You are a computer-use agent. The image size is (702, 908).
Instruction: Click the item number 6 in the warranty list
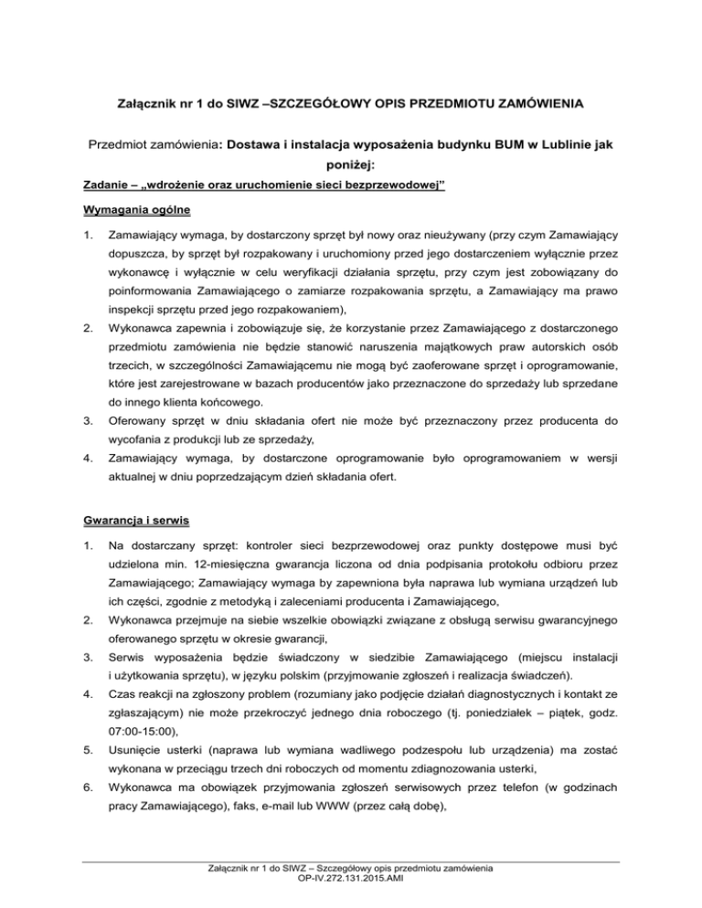pyautogui.click(x=87, y=782)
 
